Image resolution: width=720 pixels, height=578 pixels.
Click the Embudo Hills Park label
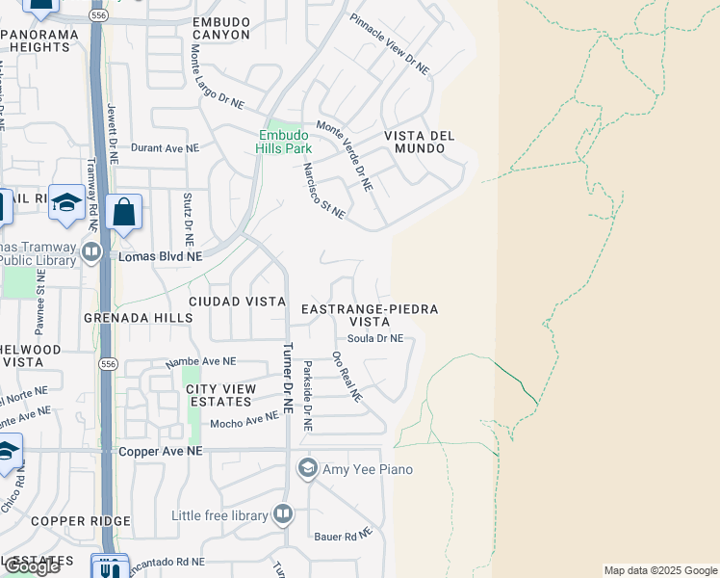coord(285,143)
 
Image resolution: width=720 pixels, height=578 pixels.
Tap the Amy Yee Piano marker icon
coord(308,469)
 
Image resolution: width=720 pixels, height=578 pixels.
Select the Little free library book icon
coord(283,514)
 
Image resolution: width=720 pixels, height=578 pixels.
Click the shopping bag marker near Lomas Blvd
coord(125,212)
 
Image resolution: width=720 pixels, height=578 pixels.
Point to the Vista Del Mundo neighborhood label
coord(420,143)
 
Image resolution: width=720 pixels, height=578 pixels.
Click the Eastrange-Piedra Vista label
coord(370,315)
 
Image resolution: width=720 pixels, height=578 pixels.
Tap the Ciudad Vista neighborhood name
coord(237,302)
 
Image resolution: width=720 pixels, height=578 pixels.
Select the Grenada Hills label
coord(125,317)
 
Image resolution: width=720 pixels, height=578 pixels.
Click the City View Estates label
coord(221,395)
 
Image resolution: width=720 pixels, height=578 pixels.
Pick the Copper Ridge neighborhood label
coord(80,521)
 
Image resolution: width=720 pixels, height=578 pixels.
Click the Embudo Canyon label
coord(221,28)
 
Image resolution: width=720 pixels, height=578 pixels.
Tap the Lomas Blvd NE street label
coord(160,257)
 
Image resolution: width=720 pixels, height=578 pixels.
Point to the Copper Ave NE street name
coord(161,451)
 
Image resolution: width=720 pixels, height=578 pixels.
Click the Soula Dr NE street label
coord(374,338)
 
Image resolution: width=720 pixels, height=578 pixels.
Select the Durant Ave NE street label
coord(165,148)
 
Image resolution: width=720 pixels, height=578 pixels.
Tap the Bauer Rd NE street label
coord(343,536)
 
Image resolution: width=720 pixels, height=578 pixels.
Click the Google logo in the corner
coord(31,566)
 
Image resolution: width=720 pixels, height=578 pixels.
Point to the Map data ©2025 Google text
coord(660,570)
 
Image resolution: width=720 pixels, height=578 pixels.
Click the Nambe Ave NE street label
coord(201,361)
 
